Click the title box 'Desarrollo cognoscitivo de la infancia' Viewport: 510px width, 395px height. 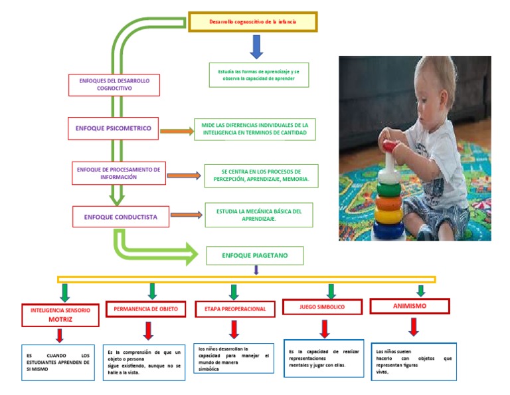pyautogui.click(x=253, y=22)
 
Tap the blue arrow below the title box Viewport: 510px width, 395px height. pyautogui.click(x=256, y=47)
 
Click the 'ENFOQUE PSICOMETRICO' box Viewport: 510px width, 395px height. pyautogui.click(x=113, y=128)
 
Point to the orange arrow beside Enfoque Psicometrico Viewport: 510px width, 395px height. pyautogui.click(x=176, y=131)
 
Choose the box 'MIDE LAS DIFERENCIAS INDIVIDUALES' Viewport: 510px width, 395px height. pyautogui.click(x=254, y=129)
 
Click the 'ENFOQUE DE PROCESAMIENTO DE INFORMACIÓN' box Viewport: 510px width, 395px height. pyautogui.click(x=118, y=173)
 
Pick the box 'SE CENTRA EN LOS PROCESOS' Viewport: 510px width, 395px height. pyautogui.click(x=261, y=176)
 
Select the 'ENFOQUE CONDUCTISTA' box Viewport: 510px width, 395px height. pyautogui.click(x=120, y=216)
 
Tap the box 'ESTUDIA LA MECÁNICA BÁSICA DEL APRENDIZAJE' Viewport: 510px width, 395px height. pyautogui.click(x=259, y=215)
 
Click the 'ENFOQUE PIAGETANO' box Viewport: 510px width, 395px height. pyautogui.click(x=255, y=255)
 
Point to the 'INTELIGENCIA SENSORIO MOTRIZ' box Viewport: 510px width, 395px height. pyautogui.click(x=60, y=315)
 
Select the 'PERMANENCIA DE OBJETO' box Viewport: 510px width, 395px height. pyautogui.click(x=145, y=309)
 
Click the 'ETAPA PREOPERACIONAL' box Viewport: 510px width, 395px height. pyautogui.click(x=235, y=309)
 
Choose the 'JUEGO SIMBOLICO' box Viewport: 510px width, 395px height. pyautogui.click(x=322, y=307)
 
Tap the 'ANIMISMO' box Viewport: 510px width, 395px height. pyautogui.click(x=409, y=306)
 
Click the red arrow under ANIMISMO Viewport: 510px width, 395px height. pyautogui.click(x=414, y=327)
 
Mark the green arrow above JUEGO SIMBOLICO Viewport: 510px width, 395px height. pyautogui.click(x=331, y=291)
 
